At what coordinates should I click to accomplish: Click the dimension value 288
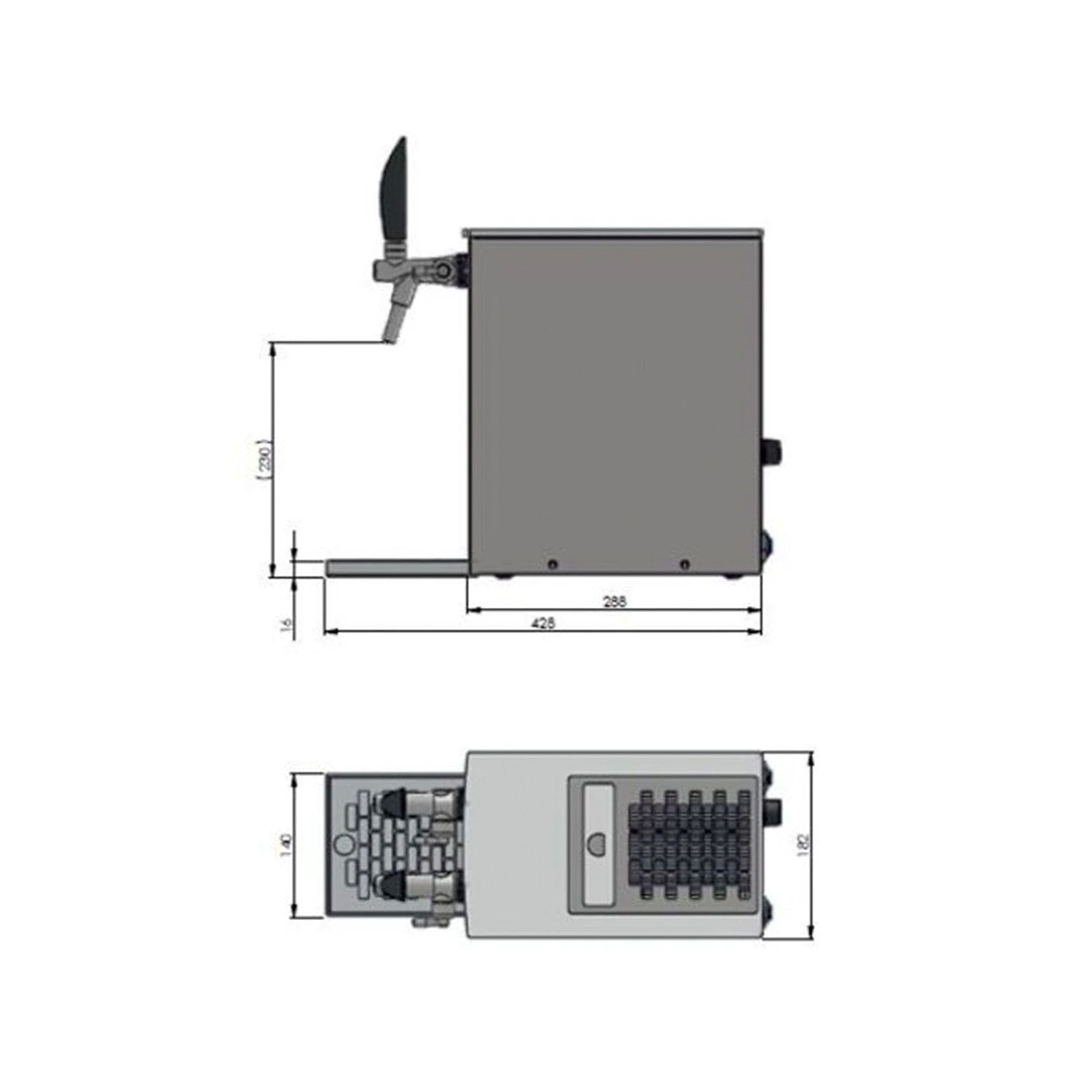coord(614,601)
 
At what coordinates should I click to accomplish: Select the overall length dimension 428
coord(543,623)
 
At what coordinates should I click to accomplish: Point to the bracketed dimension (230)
coord(264,458)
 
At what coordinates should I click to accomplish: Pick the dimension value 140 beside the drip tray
coord(286,846)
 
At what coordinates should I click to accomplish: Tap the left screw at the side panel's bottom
coord(551,564)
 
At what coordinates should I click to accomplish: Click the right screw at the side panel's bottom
coord(685,564)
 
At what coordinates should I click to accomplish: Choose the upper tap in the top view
coord(419,803)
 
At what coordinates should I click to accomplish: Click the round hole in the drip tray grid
coord(344,845)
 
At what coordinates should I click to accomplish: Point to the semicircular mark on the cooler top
coord(596,845)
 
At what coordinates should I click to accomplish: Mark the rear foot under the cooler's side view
coord(730,575)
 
